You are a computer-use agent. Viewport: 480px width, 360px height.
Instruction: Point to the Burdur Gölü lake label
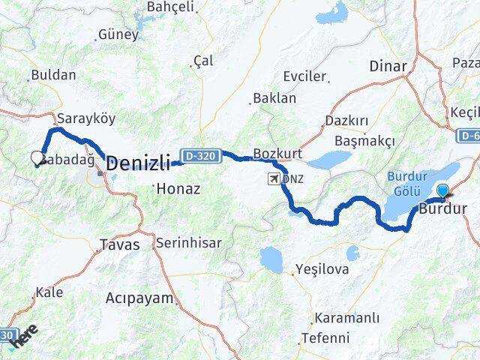pyautogui.click(x=407, y=182)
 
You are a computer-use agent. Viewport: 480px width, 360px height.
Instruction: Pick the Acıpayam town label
pyautogui.click(x=139, y=298)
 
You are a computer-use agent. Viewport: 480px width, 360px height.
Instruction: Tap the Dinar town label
pyautogui.click(x=388, y=66)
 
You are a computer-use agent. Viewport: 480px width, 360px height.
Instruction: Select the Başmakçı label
pyautogui.click(x=358, y=140)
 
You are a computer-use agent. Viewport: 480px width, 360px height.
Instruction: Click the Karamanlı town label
pyautogui.click(x=343, y=317)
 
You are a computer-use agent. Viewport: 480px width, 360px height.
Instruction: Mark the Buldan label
pyautogui.click(x=52, y=76)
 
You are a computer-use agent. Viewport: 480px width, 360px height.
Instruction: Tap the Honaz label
pyautogui.click(x=178, y=190)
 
